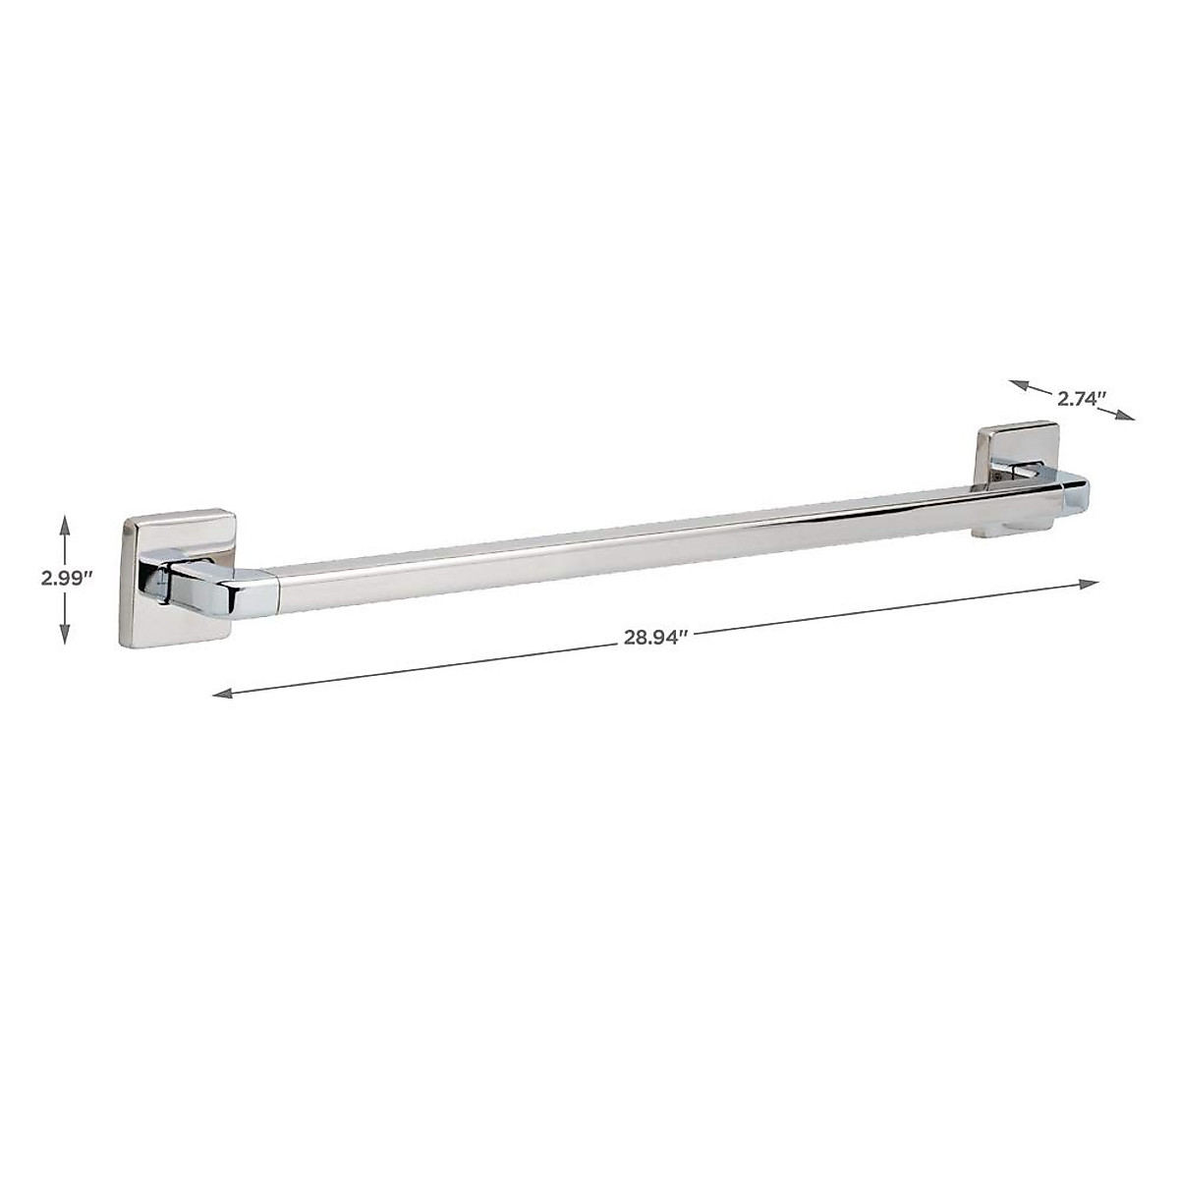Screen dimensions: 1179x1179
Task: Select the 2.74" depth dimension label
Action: pos(1082,399)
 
